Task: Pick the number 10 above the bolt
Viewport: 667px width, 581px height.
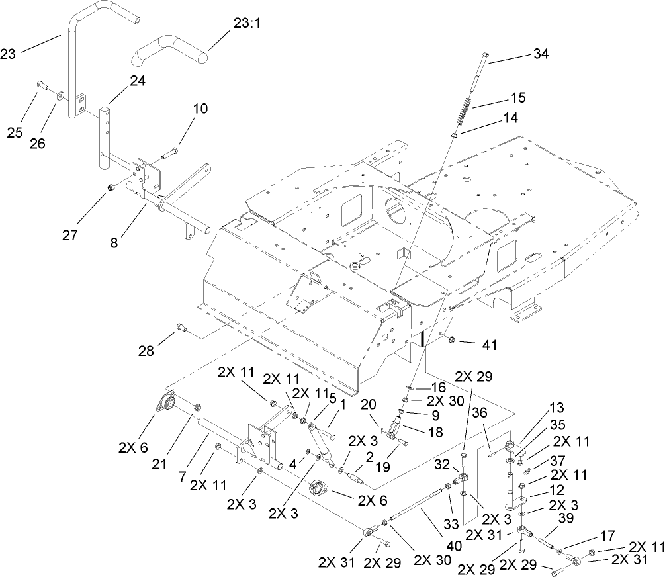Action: click(200, 107)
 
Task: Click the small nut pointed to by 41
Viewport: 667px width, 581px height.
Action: click(451, 341)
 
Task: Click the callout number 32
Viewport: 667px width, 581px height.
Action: click(442, 465)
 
